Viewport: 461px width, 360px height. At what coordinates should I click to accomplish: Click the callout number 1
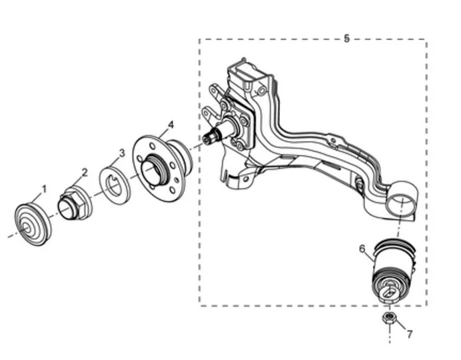(x=45, y=189)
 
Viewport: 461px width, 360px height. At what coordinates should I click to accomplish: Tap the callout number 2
(x=85, y=173)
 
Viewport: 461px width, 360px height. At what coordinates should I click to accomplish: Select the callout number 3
(x=122, y=153)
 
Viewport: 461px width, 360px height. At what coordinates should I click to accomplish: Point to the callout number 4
(x=171, y=125)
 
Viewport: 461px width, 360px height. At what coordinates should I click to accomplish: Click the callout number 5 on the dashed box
(x=347, y=38)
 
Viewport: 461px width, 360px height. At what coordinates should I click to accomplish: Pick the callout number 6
(x=362, y=249)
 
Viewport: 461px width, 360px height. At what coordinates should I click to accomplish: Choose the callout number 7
(x=410, y=334)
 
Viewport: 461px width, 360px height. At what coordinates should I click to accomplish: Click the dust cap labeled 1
(x=33, y=224)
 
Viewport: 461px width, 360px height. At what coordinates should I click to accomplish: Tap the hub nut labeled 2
(x=75, y=203)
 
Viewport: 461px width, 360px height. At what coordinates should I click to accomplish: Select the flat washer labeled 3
(x=114, y=185)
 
